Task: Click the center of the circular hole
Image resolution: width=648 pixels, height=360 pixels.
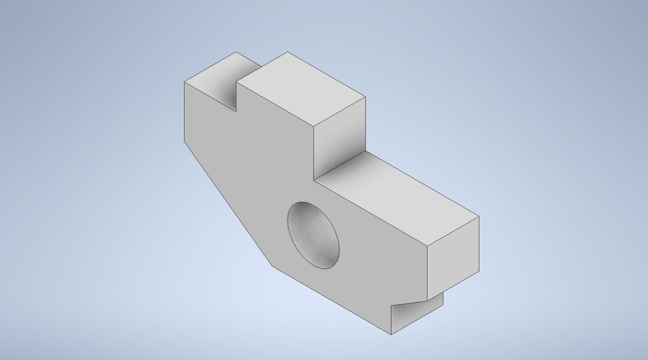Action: [x=314, y=234]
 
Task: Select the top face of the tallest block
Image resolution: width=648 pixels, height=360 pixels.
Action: [x=302, y=89]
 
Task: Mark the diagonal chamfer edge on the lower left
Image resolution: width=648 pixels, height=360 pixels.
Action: [x=229, y=203]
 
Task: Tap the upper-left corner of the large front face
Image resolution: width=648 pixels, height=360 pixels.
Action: [x=185, y=82]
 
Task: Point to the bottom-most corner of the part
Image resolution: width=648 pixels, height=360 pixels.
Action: [x=392, y=334]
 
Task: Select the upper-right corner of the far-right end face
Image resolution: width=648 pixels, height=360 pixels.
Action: [x=479, y=217]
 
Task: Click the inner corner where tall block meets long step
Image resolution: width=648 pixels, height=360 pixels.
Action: [x=315, y=180]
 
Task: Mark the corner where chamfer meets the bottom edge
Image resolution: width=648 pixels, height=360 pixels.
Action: [x=273, y=265]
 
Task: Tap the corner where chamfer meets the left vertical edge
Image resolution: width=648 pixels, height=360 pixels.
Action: [x=185, y=141]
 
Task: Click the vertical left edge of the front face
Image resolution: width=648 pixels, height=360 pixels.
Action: [x=185, y=111]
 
